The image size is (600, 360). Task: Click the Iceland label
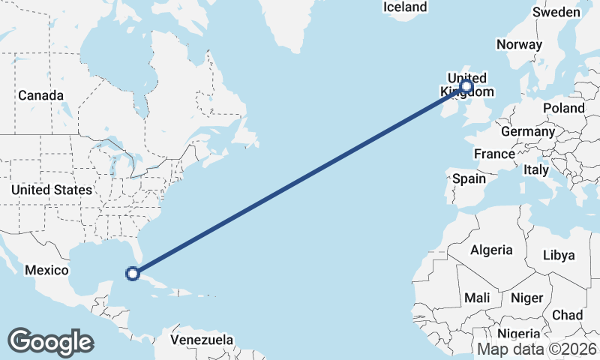pyautogui.click(x=405, y=7)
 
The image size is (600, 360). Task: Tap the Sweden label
pyautogui.click(x=556, y=12)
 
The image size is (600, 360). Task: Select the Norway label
pyautogui.click(x=519, y=44)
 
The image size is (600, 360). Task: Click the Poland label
pyautogui.click(x=564, y=108)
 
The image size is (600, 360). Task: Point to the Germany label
pyautogui.click(x=527, y=131)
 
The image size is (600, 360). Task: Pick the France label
pyautogui.click(x=494, y=154)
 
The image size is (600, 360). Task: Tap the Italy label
pyautogui.click(x=536, y=170)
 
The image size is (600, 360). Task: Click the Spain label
pyautogui.click(x=469, y=179)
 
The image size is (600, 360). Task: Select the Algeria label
pyautogui.click(x=491, y=250)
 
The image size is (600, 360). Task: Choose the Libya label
pyautogui.click(x=558, y=255)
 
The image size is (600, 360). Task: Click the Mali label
pyautogui.click(x=477, y=298)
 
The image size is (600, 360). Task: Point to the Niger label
pyautogui.click(x=526, y=298)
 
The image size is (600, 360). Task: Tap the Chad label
pyautogui.click(x=567, y=315)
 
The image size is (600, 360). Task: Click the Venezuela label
pyautogui.click(x=202, y=340)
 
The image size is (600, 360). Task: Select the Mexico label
pyautogui.click(x=46, y=270)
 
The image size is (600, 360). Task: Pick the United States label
pyautogui.click(x=51, y=190)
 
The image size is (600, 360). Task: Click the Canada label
pyautogui.click(x=40, y=96)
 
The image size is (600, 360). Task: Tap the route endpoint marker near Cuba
pyautogui.click(x=133, y=273)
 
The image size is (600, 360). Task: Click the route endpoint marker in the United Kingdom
pyautogui.click(x=466, y=86)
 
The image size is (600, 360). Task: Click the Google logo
pyautogui.click(x=50, y=341)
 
